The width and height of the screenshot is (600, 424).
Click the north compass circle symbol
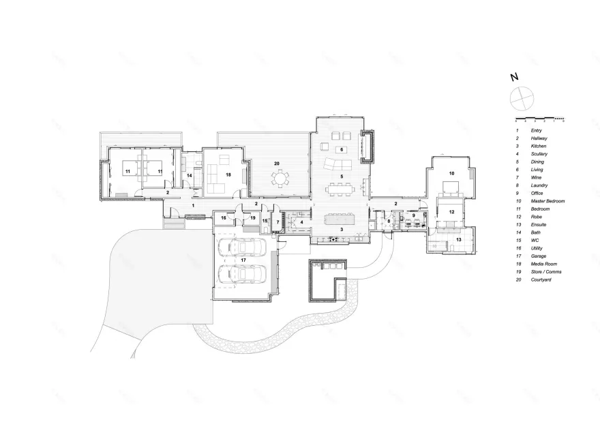click(x=520, y=97)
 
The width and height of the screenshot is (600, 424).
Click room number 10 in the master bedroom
click(x=451, y=173)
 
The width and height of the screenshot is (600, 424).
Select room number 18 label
click(x=228, y=175)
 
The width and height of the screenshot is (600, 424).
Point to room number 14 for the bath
click(x=190, y=176)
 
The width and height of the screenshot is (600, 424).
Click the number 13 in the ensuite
click(x=458, y=240)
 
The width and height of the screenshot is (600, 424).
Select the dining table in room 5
click(x=338, y=185)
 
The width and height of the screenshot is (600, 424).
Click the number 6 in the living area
click(x=341, y=149)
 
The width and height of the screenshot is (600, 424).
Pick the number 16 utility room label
click(x=223, y=218)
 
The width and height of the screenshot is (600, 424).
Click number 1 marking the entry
click(x=193, y=205)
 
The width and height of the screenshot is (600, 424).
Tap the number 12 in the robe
click(x=451, y=212)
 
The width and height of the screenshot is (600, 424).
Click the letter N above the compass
click(x=514, y=78)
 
